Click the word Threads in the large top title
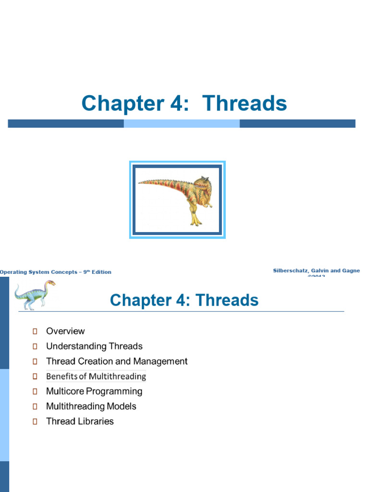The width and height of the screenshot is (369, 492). [245, 103]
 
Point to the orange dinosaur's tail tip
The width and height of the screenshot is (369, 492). [140, 182]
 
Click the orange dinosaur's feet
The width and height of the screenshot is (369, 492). [196, 222]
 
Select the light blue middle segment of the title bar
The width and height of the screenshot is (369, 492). [182, 123]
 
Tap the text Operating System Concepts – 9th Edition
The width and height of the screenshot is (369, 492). [55, 272]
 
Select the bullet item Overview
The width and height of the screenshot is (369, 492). [65, 331]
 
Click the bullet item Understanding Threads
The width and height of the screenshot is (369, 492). [94, 346]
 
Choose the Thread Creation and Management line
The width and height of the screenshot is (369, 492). [117, 361]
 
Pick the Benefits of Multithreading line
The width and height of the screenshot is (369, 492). [96, 376]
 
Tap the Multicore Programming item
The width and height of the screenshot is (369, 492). [94, 391]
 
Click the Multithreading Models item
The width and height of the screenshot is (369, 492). [91, 406]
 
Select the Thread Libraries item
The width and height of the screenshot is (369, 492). [80, 421]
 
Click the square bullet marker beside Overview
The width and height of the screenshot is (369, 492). [35, 331]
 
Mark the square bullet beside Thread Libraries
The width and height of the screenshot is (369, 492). [35, 421]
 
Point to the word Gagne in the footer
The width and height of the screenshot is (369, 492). [350, 271]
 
